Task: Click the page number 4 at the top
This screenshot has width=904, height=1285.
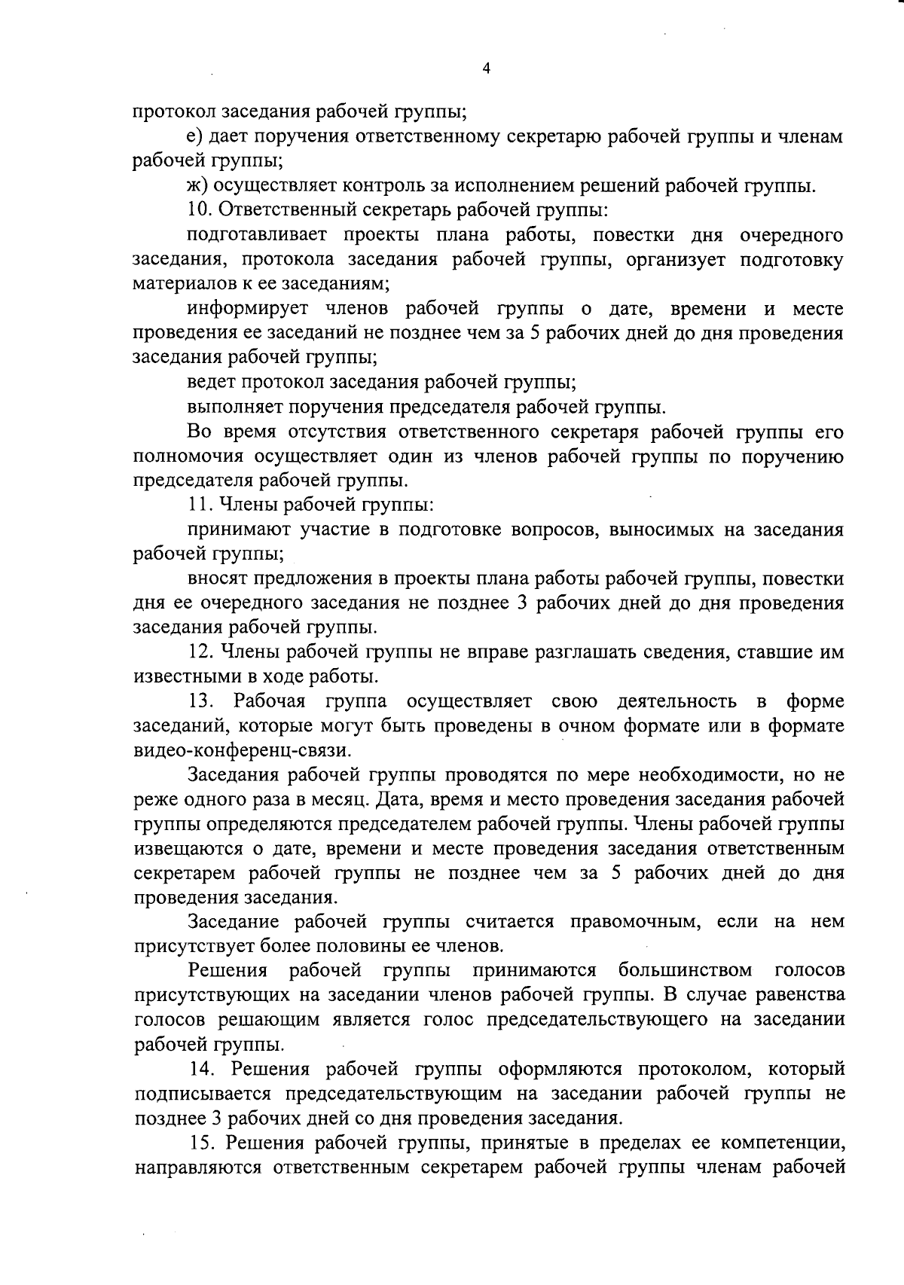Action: click(x=486, y=69)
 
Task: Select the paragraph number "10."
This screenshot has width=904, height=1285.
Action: click(x=200, y=210)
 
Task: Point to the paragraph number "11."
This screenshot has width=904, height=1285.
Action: click(x=200, y=505)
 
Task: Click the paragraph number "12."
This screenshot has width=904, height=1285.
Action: click(x=202, y=652)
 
